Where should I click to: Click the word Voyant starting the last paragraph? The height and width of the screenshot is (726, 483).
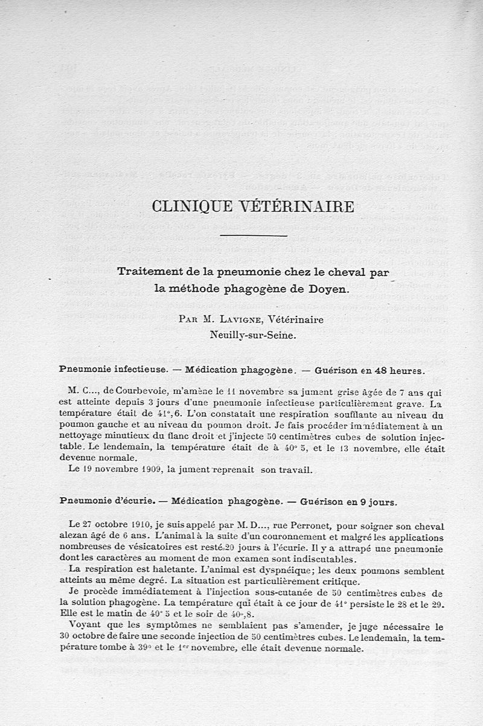click(85, 626)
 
